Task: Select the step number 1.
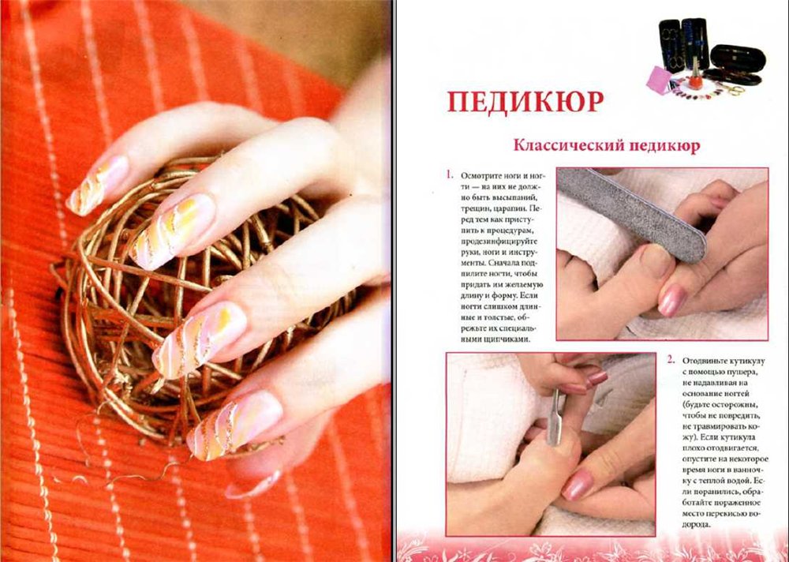tap(450, 175)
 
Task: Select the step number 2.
tap(671, 360)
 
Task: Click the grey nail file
tap(632, 214)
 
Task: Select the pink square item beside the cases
tap(660, 80)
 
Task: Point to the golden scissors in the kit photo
tap(732, 90)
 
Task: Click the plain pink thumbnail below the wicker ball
tap(253, 484)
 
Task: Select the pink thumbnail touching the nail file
tap(672, 301)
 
